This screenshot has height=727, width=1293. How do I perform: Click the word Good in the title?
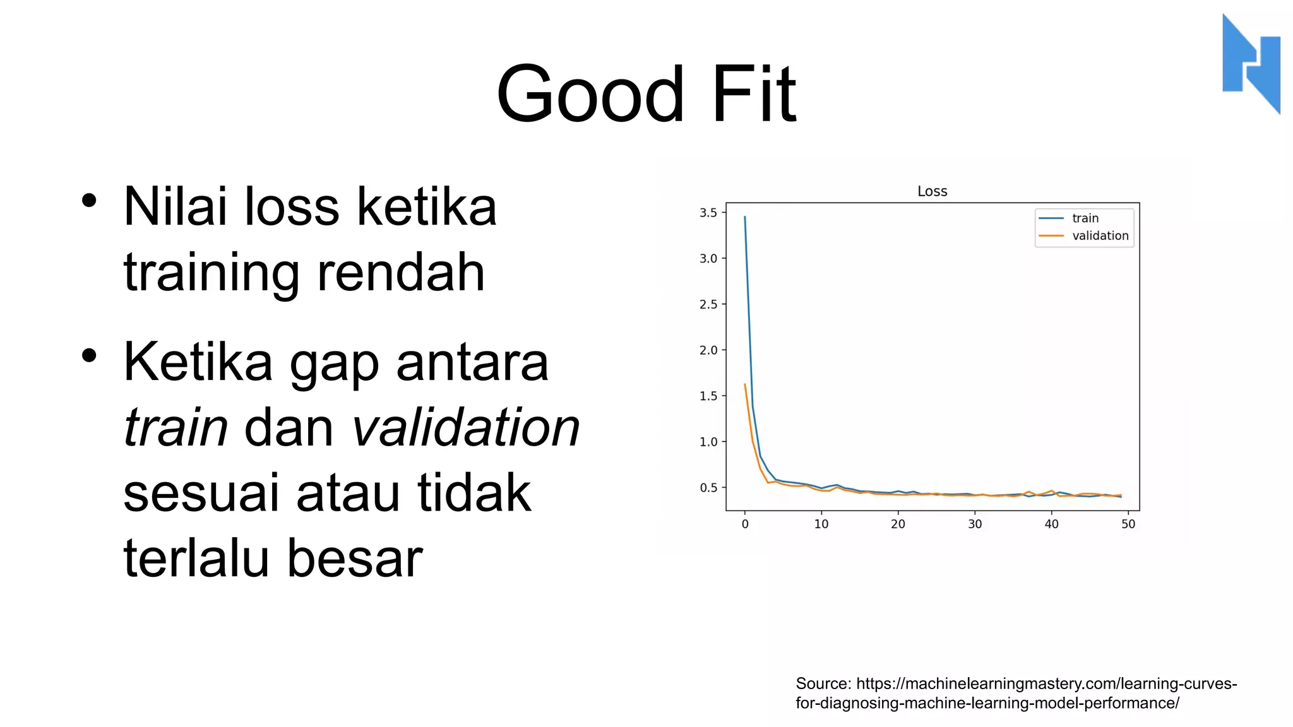coord(590,95)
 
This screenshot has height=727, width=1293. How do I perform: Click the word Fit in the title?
coord(754,95)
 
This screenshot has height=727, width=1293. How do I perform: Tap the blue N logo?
coord(1251,64)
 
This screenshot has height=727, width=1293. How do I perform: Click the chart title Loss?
coord(932,191)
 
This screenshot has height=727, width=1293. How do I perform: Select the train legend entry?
coord(1085,218)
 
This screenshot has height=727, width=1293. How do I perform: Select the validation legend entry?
coord(1100,236)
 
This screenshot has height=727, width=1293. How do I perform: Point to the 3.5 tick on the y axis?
coord(708,213)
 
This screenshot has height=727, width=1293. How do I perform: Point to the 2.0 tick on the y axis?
coord(708,350)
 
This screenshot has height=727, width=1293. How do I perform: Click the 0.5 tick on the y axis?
coord(708,488)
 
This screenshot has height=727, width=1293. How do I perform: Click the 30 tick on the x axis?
coord(975,524)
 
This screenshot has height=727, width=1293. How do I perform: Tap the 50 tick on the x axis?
coord(1128,524)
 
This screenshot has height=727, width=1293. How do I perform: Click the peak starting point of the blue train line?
coord(745,217)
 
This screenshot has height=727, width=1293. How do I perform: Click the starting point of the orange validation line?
coord(745,384)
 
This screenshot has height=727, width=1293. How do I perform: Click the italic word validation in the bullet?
coord(465,427)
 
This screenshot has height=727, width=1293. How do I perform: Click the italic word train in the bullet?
coord(176,427)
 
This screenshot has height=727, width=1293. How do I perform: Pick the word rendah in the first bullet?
coord(401,273)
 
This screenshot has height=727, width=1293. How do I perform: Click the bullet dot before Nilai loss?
coord(89,201)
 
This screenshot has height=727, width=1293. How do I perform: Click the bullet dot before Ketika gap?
coord(89,355)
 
